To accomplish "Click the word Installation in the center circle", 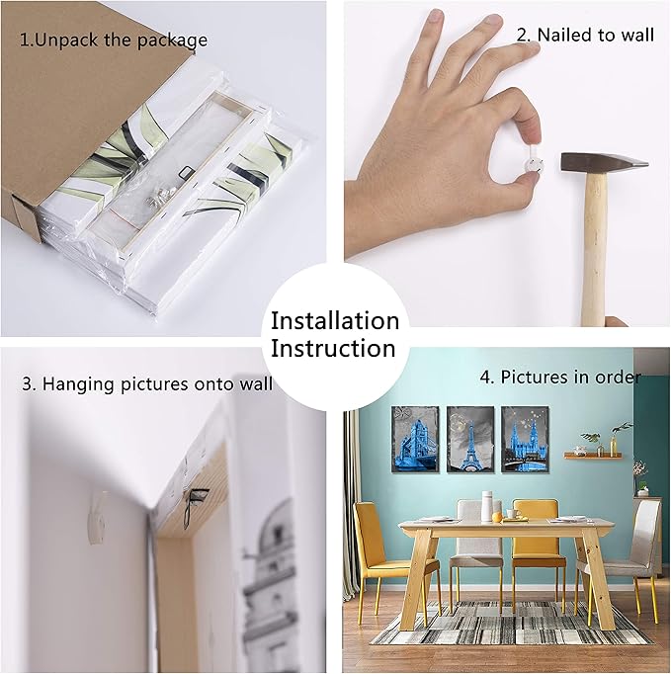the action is coord(335,320).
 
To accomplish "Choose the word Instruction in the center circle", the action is coord(333,348).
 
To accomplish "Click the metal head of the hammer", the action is coord(603,163).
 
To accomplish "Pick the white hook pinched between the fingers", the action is coord(534,163).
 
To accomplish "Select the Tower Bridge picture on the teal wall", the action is coord(415,439).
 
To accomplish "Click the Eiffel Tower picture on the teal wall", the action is coord(469,440).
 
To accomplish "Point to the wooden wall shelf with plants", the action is coord(593,455).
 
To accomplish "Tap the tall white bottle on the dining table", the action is coord(486,506).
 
